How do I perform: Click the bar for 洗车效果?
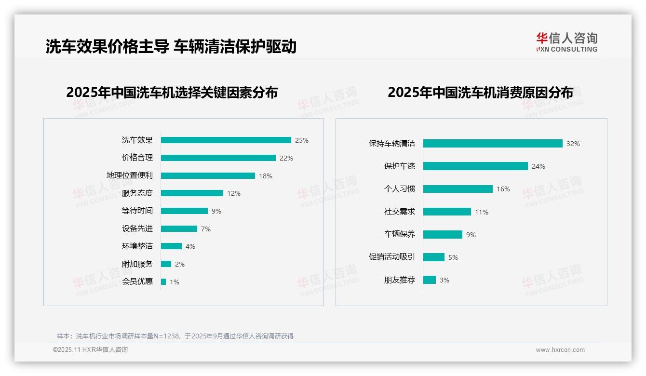tap(226, 140)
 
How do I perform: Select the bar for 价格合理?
tap(218, 158)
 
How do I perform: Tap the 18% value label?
tap(266, 176)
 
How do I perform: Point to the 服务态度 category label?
tap(137, 193)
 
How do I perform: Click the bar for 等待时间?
tap(184, 211)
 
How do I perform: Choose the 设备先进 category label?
tap(137, 228)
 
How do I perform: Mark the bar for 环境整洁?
tap(171, 246)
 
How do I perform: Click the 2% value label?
tap(180, 264)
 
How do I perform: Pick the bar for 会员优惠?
tap(163, 282)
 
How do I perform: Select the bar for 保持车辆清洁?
tap(493, 144)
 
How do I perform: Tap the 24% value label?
tap(538, 166)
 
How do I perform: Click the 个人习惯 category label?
tap(400, 189)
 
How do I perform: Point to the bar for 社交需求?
tap(447, 212)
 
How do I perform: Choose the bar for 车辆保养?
tap(443, 234)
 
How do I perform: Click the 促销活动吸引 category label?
tap(392, 257)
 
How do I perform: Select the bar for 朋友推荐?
tap(430, 280)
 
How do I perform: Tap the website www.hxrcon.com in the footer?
tap(560, 350)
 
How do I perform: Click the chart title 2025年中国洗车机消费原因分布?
tap(480, 92)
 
